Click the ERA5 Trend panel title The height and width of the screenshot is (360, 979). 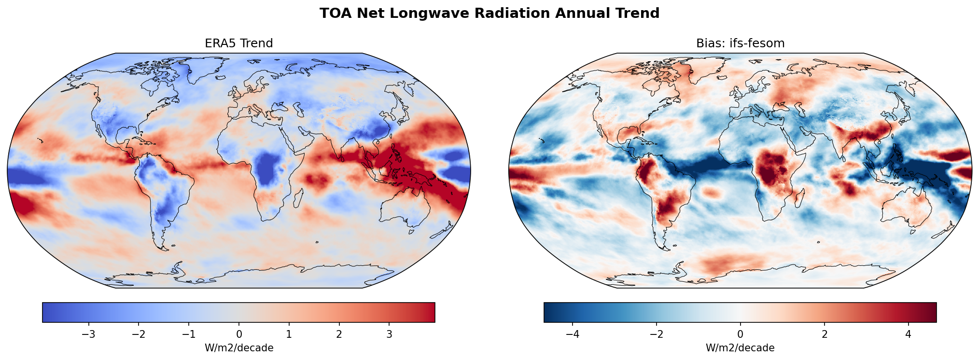click(239, 43)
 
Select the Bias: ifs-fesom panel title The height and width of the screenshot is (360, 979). click(740, 43)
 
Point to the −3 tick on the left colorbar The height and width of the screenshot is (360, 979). click(88, 334)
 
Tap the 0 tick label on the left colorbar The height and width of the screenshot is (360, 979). click(239, 334)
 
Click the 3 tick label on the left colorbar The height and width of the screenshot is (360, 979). click(389, 334)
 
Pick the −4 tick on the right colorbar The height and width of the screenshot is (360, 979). click(573, 334)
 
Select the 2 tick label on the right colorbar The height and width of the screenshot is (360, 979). click(824, 334)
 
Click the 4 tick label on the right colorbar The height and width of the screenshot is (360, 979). click(908, 334)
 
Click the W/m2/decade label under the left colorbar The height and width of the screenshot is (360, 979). click(239, 348)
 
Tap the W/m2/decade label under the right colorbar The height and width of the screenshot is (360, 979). click(740, 348)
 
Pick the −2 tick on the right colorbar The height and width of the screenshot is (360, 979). click(657, 334)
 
